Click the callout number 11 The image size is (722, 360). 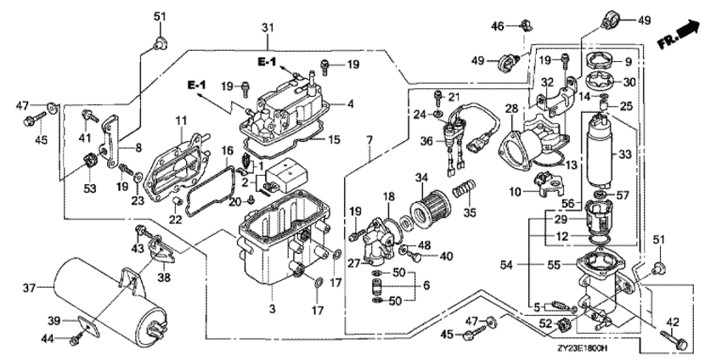(180, 121)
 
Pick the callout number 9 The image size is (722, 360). (629, 61)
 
